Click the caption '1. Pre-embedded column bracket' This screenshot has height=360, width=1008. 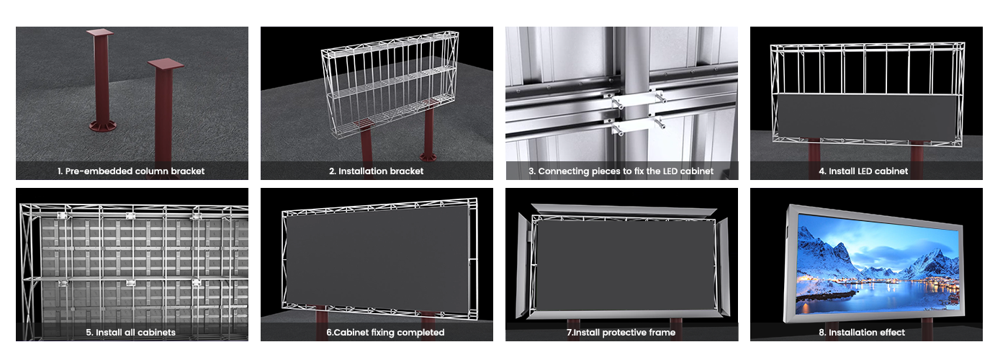pos(131,171)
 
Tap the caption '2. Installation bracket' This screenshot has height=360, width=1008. pos(376,171)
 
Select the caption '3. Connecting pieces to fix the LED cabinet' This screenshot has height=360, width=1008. pos(621,171)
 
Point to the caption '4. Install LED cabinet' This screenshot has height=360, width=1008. pos(863,171)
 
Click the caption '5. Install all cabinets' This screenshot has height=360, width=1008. pos(131,333)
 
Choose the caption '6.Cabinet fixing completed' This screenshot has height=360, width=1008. pos(385,333)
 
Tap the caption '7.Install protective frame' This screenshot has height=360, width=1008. pos(621,333)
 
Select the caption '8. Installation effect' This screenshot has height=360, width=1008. pos(862,333)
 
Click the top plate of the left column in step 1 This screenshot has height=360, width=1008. pos(100,33)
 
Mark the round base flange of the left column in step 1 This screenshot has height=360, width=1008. pos(102,126)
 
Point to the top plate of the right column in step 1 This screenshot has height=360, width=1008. pos(166,64)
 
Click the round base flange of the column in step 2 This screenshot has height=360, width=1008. pos(428,157)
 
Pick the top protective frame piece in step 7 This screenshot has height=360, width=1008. pos(624,210)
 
